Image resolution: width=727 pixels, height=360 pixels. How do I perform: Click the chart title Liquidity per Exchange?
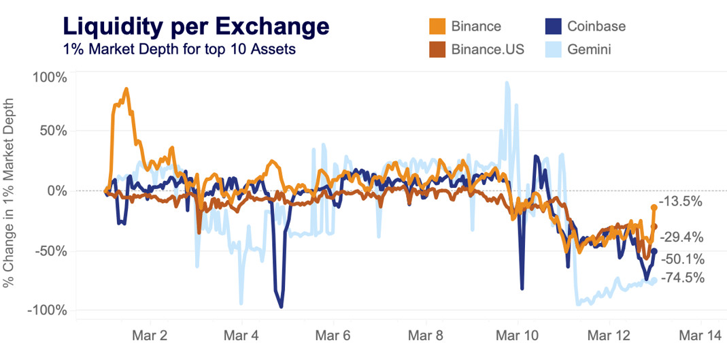(196, 27)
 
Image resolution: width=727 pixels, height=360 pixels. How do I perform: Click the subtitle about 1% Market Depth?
(178, 50)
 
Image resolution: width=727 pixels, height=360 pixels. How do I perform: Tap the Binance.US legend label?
(488, 50)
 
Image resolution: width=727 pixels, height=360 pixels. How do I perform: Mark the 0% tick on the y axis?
(57, 191)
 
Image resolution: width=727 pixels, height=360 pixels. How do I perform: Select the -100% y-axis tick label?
(48, 310)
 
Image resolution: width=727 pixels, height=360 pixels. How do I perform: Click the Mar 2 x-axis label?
(148, 336)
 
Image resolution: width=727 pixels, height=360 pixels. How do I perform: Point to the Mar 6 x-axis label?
(333, 336)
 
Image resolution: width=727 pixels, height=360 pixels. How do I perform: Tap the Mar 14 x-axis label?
(699, 336)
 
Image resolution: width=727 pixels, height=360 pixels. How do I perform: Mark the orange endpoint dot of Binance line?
(654, 207)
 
